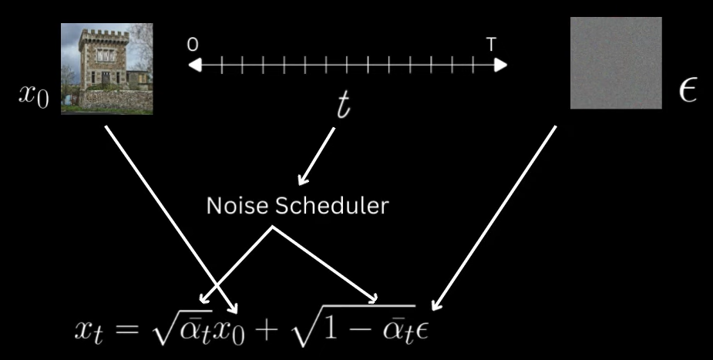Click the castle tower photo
tap(106, 69)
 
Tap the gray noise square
tap(616, 63)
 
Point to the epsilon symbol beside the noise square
tap(687, 91)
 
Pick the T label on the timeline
tap(491, 45)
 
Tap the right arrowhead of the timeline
tap(501, 66)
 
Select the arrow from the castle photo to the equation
tap(170, 216)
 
